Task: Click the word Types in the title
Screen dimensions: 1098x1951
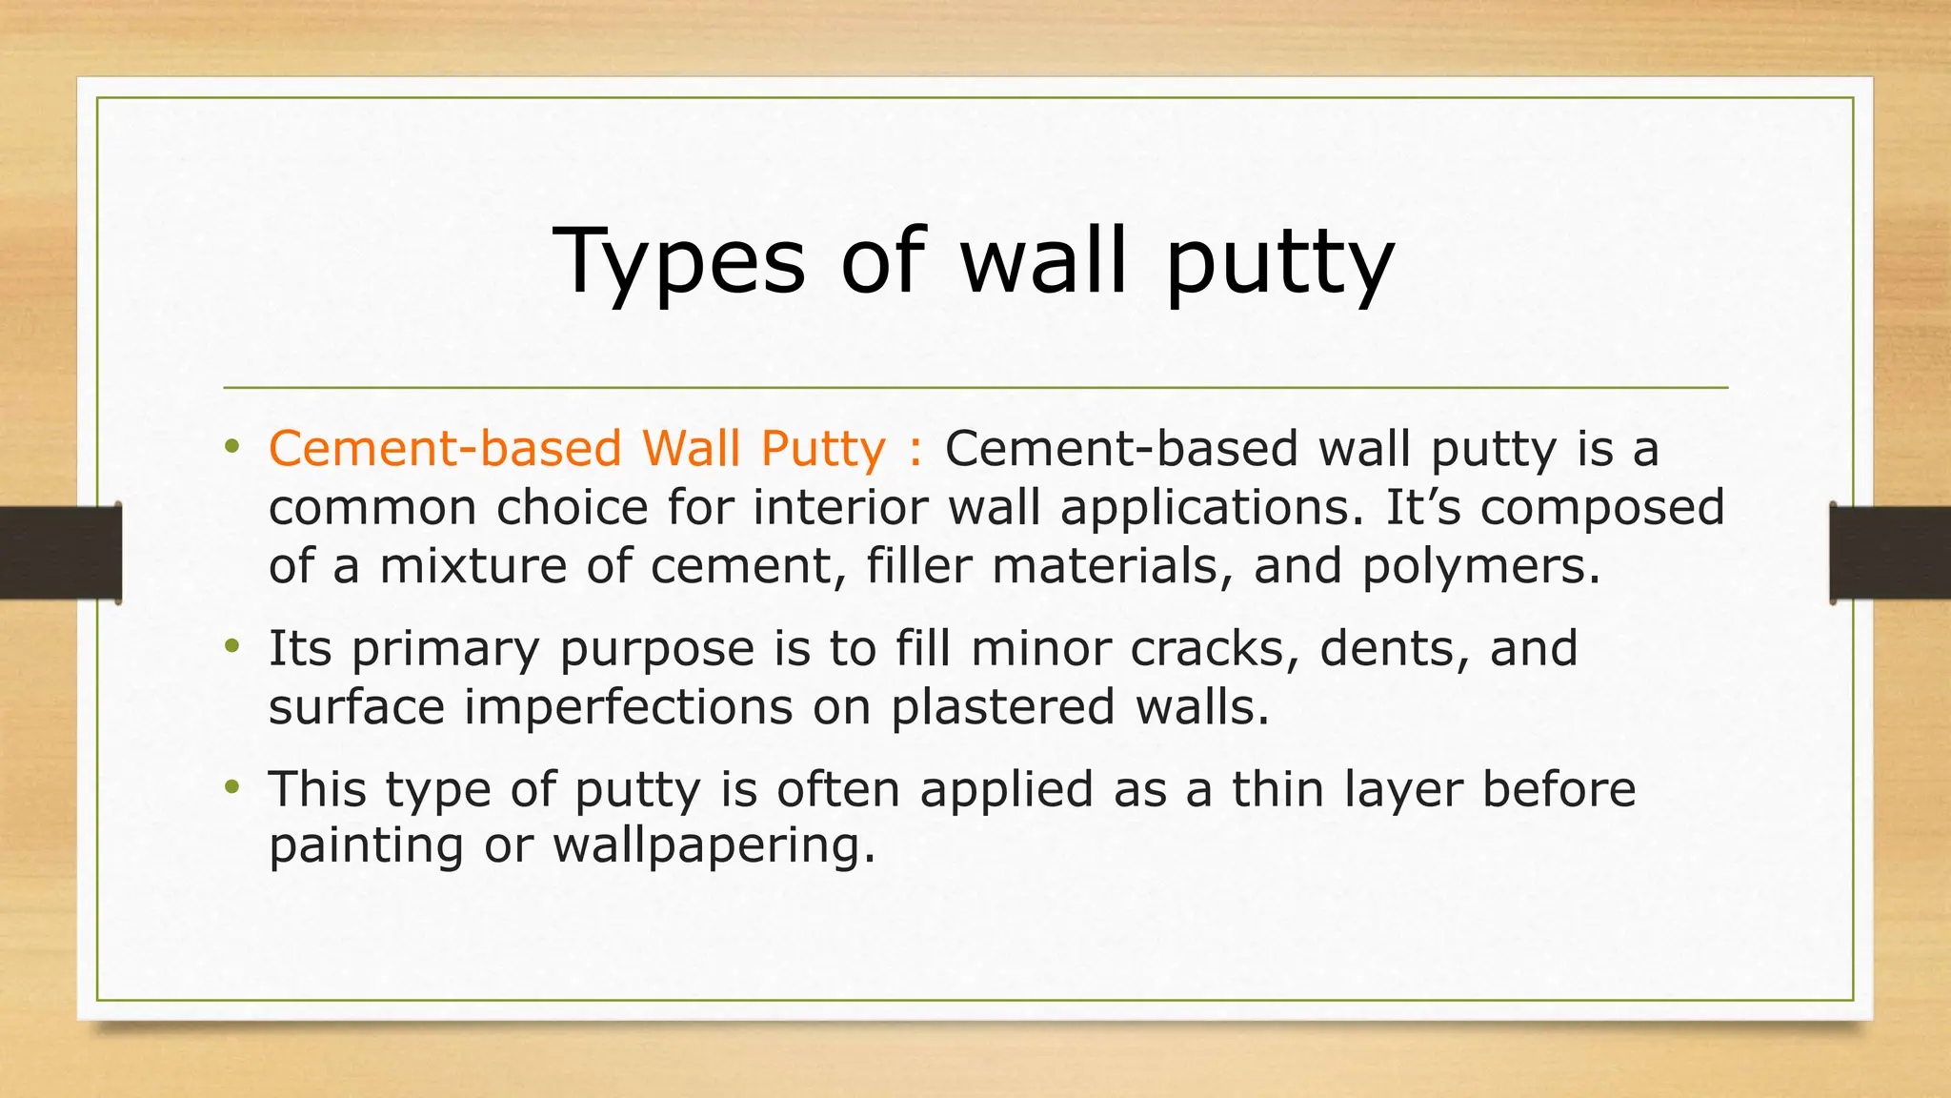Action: [678, 262]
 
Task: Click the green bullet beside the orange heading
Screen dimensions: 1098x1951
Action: [231, 446]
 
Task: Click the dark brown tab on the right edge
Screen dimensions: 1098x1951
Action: [1890, 553]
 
